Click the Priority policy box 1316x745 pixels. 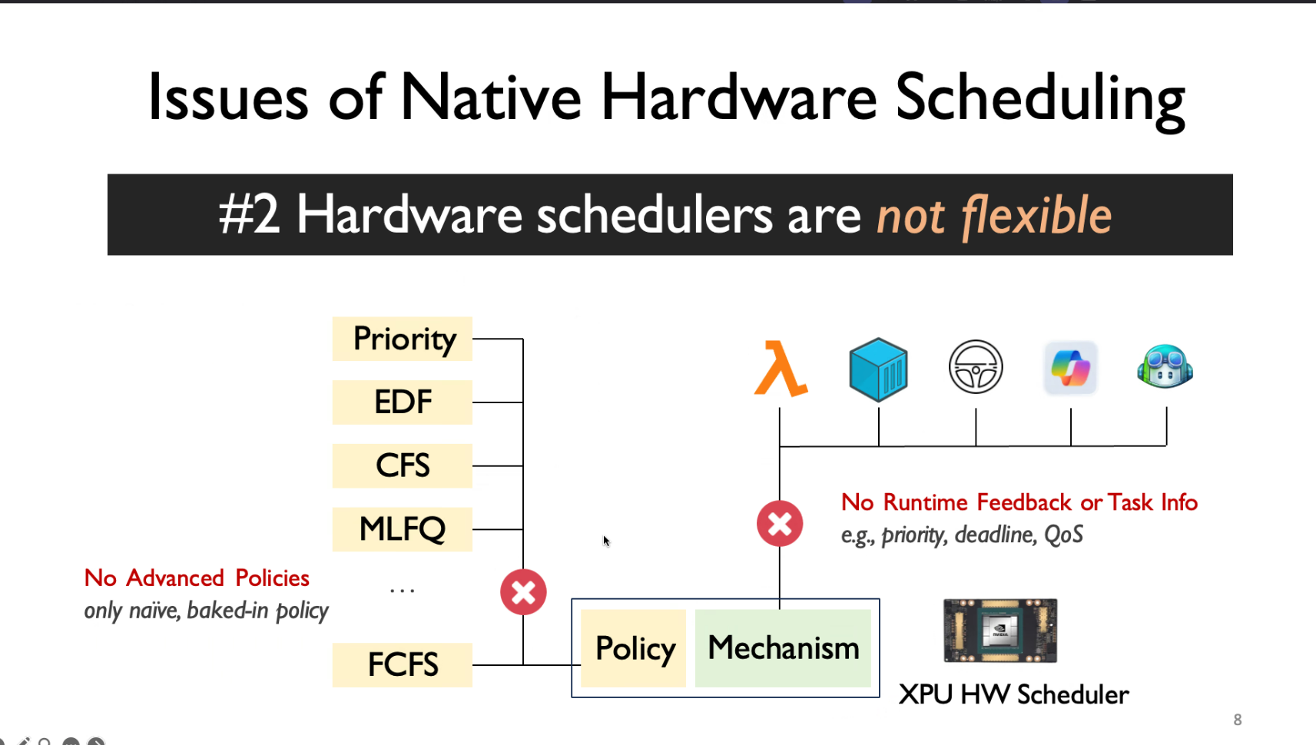pyautogui.click(x=403, y=339)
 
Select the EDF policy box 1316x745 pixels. pyautogui.click(x=403, y=402)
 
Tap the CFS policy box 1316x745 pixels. pyautogui.click(x=403, y=466)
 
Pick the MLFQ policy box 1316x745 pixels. pyautogui.click(x=403, y=529)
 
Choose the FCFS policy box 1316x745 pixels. pyautogui.click(x=403, y=665)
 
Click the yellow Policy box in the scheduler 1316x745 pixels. pyautogui.click(x=633, y=648)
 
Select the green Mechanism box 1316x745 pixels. pyautogui.click(x=783, y=648)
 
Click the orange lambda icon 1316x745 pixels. pyautogui.click(x=781, y=369)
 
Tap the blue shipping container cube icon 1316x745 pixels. pyautogui.click(x=878, y=369)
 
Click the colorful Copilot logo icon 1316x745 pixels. pyautogui.click(x=1070, y=368)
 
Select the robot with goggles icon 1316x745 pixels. pyautogui.click(x=1165, y=366)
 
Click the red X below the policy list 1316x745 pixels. pyautogui.click(x=523, y=592)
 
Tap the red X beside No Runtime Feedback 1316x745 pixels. pyautogui.click(x=780, y=524)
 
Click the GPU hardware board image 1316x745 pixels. pyautogui.click(x=1000, y=631)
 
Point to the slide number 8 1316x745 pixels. pyautogui.click(x=1238, y=720)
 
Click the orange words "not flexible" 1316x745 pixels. pyautogui.click(x=994, y=217)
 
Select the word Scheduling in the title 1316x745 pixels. pyautogui.click(x=1040, y=98)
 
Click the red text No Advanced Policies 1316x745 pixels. pyautogui.click(x=197, y=578)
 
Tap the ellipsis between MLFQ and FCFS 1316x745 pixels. pyautogui.click(x=403, y=591)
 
